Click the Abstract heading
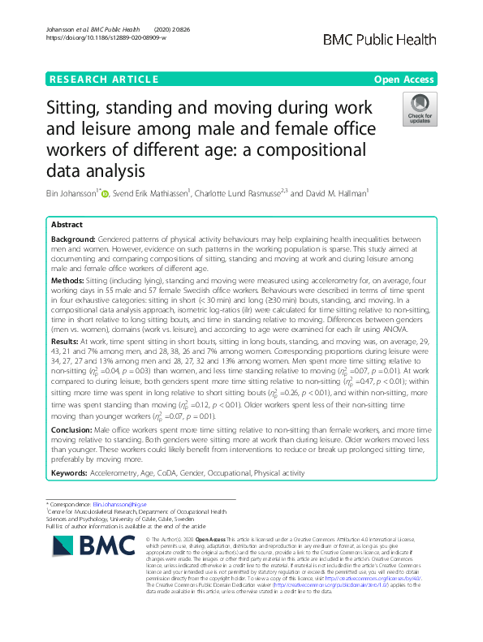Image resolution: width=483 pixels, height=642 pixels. pos(67,225)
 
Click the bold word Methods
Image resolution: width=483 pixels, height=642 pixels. pos(67,279)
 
